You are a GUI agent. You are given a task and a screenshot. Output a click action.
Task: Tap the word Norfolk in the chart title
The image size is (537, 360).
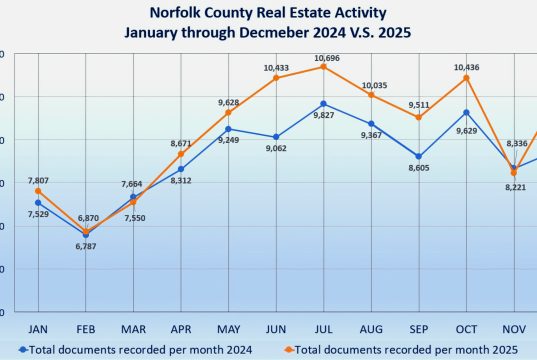point(177,13)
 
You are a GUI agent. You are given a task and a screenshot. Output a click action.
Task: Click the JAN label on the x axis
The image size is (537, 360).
point(38,328)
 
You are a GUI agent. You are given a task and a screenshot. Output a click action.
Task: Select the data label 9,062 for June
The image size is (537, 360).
point(275,149)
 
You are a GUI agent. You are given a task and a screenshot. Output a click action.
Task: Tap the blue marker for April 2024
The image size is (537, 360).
point(180,169)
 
